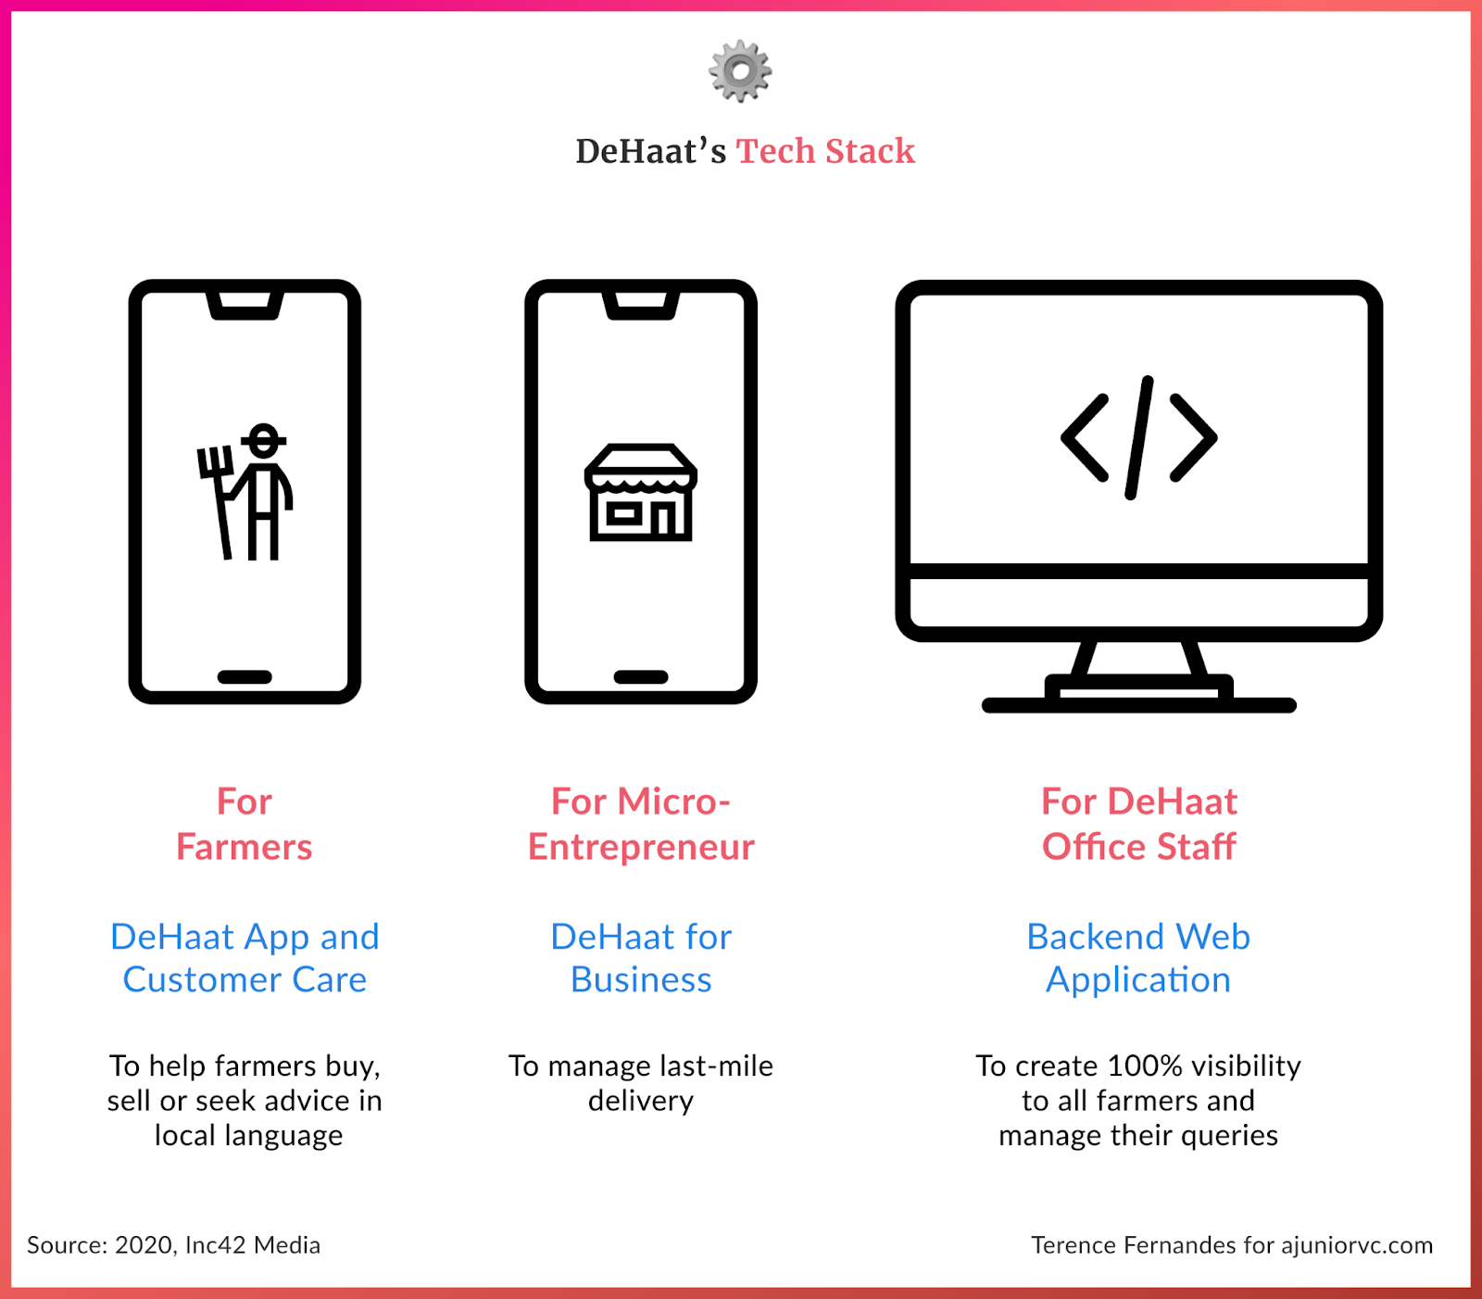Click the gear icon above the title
740,71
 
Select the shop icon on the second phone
641,492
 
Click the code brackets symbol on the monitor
1138,437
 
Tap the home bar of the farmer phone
245,677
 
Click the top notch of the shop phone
641,305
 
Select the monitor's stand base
1138,702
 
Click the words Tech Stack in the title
825,151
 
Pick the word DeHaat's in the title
650,151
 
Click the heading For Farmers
245,824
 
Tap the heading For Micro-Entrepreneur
641,824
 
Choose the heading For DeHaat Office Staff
1138,824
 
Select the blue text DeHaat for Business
641,958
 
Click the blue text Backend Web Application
1138,958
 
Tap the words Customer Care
245,980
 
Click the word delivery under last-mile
641,1101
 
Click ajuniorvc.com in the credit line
1357,1245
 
